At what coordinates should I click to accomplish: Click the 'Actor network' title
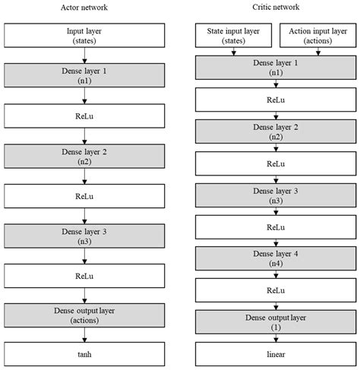(84, 7)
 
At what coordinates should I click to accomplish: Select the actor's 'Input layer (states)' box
(84, 34)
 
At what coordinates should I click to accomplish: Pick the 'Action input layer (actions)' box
(316, 34)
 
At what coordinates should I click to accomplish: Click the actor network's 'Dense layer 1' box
(84, 74)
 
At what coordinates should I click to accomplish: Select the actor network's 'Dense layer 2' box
(84, 156)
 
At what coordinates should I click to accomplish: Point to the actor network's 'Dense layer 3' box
(84, 235)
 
